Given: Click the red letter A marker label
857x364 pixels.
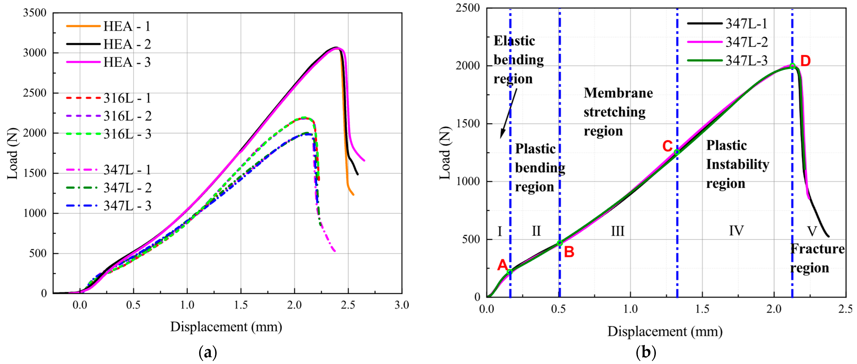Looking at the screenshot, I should click(502, 265).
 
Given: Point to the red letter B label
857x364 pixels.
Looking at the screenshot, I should click(569, 252).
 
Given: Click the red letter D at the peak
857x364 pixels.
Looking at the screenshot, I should click(805, 61).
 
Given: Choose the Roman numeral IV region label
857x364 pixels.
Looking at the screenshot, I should click(736, 230).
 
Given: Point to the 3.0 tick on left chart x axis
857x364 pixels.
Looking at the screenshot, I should click(401, 305).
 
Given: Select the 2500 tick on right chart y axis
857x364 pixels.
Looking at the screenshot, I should click(467, 8).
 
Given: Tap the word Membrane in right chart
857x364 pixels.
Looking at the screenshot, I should click(618, 93).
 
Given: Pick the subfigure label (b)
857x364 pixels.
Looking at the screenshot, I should click(646, 352).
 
